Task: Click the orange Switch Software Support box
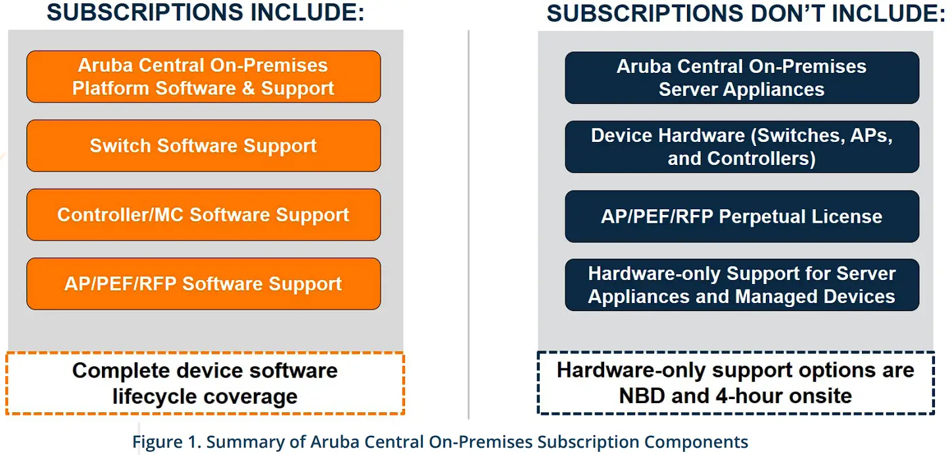[x=203, y=146]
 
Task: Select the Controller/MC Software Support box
[x=203, y=215]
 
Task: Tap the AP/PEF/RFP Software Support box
[x=203, y=284]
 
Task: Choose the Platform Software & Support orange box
[x=203, y=77]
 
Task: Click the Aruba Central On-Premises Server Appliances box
[x=742, y=78]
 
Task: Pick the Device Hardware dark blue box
[x=742, y=147]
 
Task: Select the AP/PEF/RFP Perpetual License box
[x=742, y=216]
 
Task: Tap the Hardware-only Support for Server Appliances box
[x=742, y=285]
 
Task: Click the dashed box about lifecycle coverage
[x=204, y=384]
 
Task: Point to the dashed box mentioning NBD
[x=736, y=383]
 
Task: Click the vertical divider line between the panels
[x=469, y=224]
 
